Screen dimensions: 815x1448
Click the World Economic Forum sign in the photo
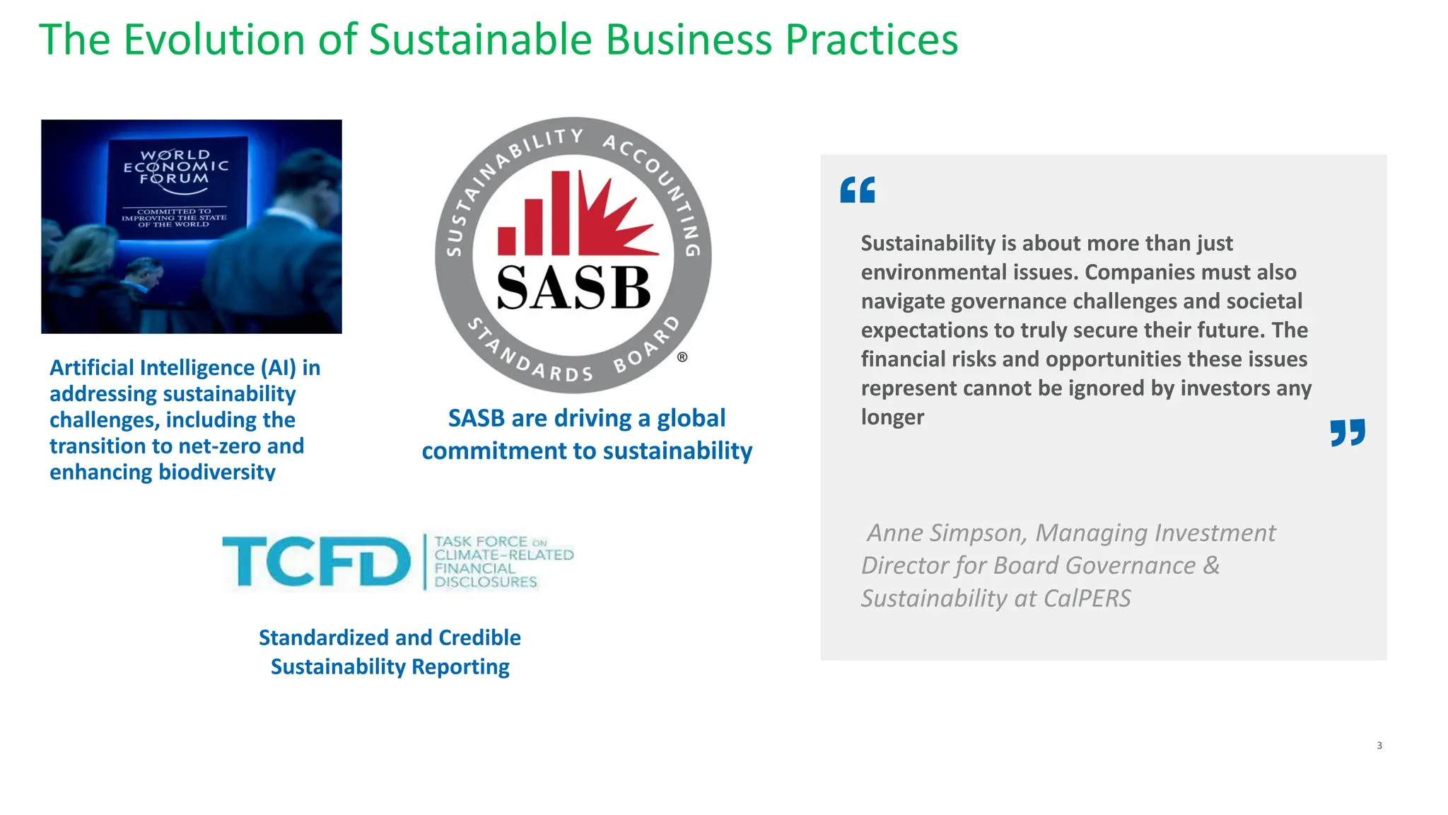[x=175, y=187]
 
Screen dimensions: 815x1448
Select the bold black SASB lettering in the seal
[x=573, y=288]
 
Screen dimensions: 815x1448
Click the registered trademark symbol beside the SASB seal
[x=682, y=357]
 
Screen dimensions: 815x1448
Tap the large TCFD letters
[x=316, y=562]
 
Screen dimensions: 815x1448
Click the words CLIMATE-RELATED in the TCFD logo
[x=503, y=555]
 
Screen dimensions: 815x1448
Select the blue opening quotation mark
[x=858, y=190]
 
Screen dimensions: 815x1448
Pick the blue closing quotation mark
[x=1348, y=433]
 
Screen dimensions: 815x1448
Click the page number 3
[x=1379, y=746]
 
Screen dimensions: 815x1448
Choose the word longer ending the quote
[x=892, y=417]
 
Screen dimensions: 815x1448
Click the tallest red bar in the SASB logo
[x=561, y=212]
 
